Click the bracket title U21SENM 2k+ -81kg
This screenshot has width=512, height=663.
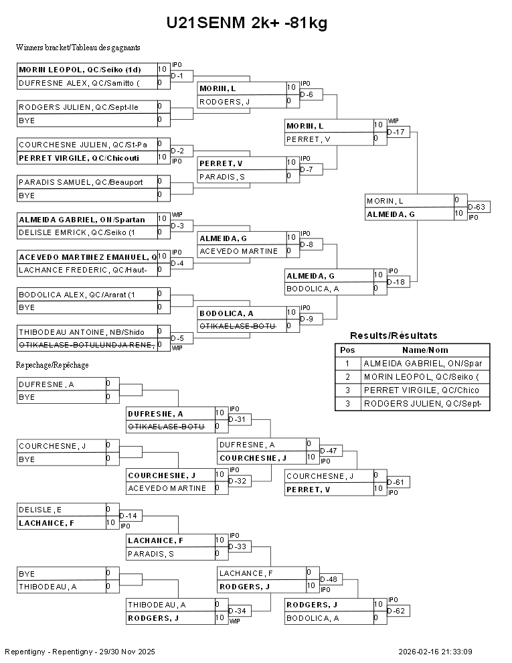coord(247,22)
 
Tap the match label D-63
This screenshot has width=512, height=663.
coord(477,207)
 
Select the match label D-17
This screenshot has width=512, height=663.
coord(396,132)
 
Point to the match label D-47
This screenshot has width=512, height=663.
coord(329,451)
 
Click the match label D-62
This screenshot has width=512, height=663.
coord(396,611)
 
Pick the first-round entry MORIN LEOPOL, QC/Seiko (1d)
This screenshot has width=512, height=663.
coord(80,70)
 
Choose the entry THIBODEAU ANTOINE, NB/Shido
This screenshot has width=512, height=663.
coord(82,332)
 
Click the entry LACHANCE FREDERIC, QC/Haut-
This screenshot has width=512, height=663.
coord(83,270)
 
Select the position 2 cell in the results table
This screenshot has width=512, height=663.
coord(347,377)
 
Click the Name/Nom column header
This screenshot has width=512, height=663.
coord(425,350)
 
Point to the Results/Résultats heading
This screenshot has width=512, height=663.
coord(394,336)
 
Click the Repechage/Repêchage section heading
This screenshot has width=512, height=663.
coord(52,365)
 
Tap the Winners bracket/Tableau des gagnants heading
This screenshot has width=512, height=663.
coord(78,48)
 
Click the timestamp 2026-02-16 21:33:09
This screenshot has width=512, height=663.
coord(435,652)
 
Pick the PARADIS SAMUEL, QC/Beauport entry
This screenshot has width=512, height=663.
coord(81,182)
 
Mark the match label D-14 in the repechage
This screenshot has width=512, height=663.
coord(129,516)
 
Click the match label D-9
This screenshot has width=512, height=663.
coord(307,319)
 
